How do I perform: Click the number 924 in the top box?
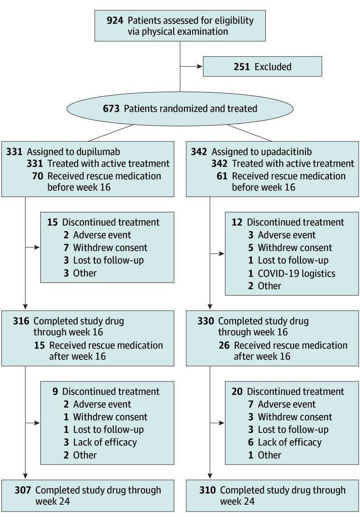point(115,20)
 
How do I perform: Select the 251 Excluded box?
point(262,66)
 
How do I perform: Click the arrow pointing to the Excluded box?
point(198,66)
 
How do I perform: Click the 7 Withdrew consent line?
point(106,247)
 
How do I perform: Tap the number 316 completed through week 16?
point(21,321)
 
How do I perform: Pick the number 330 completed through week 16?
point(206,321)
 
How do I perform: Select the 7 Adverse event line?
point(282,405)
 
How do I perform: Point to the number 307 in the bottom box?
point(23,490)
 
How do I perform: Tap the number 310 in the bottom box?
point(208,490)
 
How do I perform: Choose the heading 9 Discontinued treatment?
point(106,391)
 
